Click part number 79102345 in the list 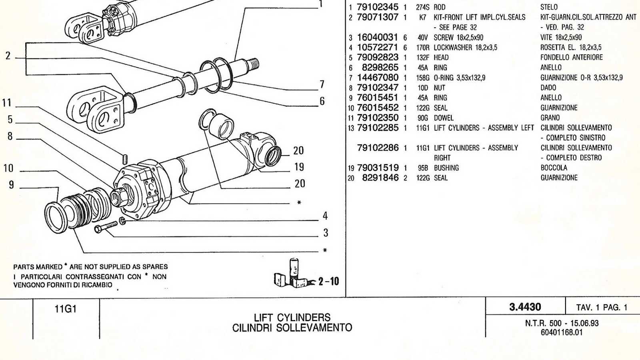[377, 7]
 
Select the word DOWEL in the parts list [444, 118]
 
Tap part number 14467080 [377, 78]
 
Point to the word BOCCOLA [554, 168]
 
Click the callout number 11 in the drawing [6, 103]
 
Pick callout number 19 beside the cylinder [299, 167]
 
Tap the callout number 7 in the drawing [322, 84]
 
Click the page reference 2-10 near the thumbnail [328, 282]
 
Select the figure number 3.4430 [525, 307]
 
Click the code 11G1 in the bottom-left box [66, 309]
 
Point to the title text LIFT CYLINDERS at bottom [292, 318]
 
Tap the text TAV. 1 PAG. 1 [602, 308]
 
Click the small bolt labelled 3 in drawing [105, 227]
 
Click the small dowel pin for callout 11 [125, 159]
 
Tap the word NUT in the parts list [439, 88]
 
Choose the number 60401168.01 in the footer [562, 332]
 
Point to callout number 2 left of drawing [8, 56]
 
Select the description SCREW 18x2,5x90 [458, 38]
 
